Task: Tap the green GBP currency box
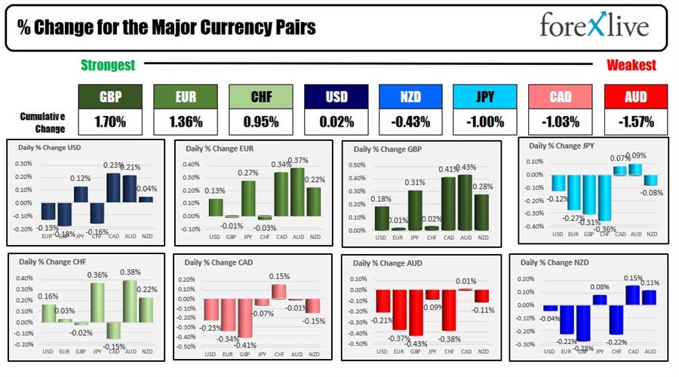tap(110, 96)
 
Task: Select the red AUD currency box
tap(636, 96)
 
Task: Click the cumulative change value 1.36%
tap(186, 121)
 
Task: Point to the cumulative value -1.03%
tap(561, 121)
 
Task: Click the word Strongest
tap(107, 66)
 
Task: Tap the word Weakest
tap(631, 66)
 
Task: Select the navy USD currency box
tap(336, 96)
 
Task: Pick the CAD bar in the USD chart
tap(113, 188)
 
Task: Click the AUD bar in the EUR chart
tap(297, 192)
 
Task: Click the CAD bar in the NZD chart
tap(632, 295)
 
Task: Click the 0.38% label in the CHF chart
tap(131, 274)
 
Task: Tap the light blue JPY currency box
tap(486, 96)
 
